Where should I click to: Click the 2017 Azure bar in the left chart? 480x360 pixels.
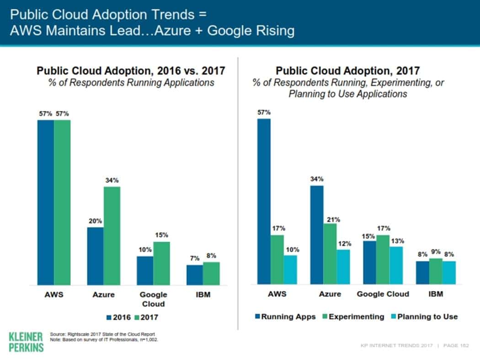(112, 236)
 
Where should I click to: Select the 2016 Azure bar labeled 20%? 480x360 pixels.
(95, 256)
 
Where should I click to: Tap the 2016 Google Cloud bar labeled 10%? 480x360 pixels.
(145, 270)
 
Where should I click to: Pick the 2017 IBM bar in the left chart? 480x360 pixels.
(211, 273)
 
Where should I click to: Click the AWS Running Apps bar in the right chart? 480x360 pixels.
(264, 201)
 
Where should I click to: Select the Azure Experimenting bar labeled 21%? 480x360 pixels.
(330, 254)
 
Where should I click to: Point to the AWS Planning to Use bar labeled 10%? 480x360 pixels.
(290, 270)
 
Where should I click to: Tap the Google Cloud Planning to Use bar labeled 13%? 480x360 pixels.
(396, 265)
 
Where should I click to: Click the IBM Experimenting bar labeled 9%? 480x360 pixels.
(436, 271)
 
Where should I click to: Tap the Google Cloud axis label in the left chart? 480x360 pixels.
(153, 299)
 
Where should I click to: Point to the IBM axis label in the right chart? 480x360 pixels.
(436, 294)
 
